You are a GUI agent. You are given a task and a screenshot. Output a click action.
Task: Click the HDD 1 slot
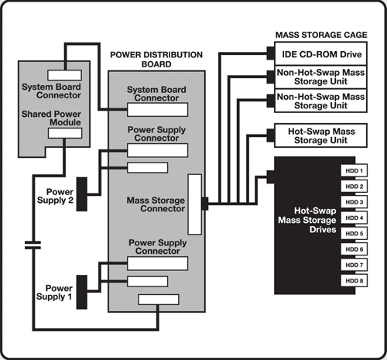pyautogui.click(x=354, y=170)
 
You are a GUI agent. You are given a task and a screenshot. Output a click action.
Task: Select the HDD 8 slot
pyautogui.click(x=354, y=281)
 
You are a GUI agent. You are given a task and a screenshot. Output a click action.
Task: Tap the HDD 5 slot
pyautogui.click(x=354, y=234)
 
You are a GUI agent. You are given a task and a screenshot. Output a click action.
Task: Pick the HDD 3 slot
pyautogui.click(x=354, y=202)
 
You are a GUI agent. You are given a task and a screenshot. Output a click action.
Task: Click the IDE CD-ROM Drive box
pyautogui.click(x=320, y=53)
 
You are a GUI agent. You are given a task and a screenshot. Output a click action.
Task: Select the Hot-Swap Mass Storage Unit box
pyautogui.click(x=320, y=135)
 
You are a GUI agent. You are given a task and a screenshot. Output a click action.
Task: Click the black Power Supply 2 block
pyautogui.click(x=82, y=194)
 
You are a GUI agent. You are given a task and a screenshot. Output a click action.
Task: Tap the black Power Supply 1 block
pyautogui.click(x=82, y=292)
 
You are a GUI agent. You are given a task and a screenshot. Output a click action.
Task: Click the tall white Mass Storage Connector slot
pyautogui.click(x=195, y=204)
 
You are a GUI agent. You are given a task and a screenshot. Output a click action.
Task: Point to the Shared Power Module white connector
pyautogui.click(x=65, y=133)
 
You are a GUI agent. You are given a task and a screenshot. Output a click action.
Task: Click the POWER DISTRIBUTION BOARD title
pyautogui.click(x=156, y=60)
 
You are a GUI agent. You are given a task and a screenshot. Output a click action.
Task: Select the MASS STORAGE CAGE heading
pyautogui.click(x=321, y=35)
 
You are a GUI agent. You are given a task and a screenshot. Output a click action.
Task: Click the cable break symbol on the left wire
pyautogui.click(x=33, y=245)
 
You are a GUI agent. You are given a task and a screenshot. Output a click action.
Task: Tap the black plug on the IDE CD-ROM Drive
pyautogui.click(x=271, y=53)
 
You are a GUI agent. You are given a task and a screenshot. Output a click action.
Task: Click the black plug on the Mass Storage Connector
pyautogui.click(x=205, y=204)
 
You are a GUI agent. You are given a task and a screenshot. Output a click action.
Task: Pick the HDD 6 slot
pyautogui.click(x=354, y=249)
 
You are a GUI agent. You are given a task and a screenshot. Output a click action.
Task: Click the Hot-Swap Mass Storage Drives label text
pyautogui.click(x=307, y=220)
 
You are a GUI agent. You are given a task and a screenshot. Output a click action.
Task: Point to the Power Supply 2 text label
pyautogui.click(x=55, y=196)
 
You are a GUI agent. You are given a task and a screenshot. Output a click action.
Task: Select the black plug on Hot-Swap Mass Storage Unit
pyautogui.click(x=271, y=135)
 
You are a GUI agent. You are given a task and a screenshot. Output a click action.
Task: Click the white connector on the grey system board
pyautogui.click(x=65, y=75)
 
